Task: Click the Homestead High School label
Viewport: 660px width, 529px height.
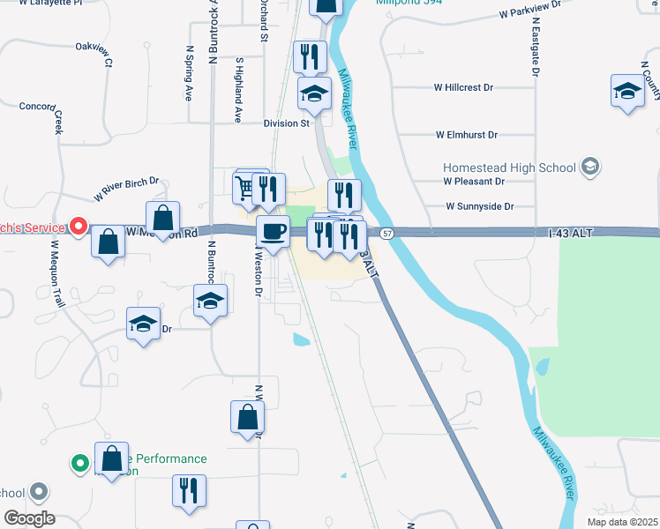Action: [509, 167]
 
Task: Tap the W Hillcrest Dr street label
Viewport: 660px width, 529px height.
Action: [463, 88]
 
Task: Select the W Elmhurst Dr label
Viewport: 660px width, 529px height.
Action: [467, 135]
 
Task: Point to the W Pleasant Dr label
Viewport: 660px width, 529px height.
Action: [474, 181]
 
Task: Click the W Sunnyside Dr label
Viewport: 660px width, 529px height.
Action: [479, 206]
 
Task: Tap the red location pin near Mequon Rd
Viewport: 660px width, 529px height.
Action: [79, 227]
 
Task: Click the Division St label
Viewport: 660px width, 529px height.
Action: [286, 123]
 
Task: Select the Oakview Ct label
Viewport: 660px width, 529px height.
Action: [96, 53]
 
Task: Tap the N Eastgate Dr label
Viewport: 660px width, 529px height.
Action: [536, 50]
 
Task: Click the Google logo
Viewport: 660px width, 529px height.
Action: [28, 518]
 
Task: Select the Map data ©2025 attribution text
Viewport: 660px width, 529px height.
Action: [621, 522]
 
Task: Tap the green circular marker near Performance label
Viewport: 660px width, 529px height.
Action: [79, 462]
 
